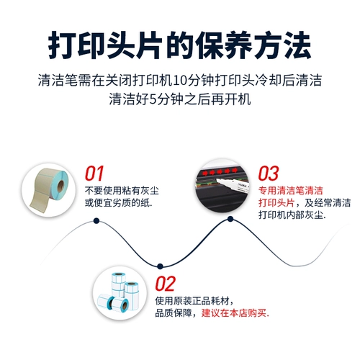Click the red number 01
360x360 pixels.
[95, 174]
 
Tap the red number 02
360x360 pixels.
[166, 282]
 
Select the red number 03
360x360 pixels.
[269, 174]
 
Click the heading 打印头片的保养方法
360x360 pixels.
[179, 45]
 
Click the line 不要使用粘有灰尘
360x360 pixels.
[119, 191]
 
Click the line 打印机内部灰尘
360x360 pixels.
[292, 215]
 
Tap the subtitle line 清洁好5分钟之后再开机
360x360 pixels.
[180, 96]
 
